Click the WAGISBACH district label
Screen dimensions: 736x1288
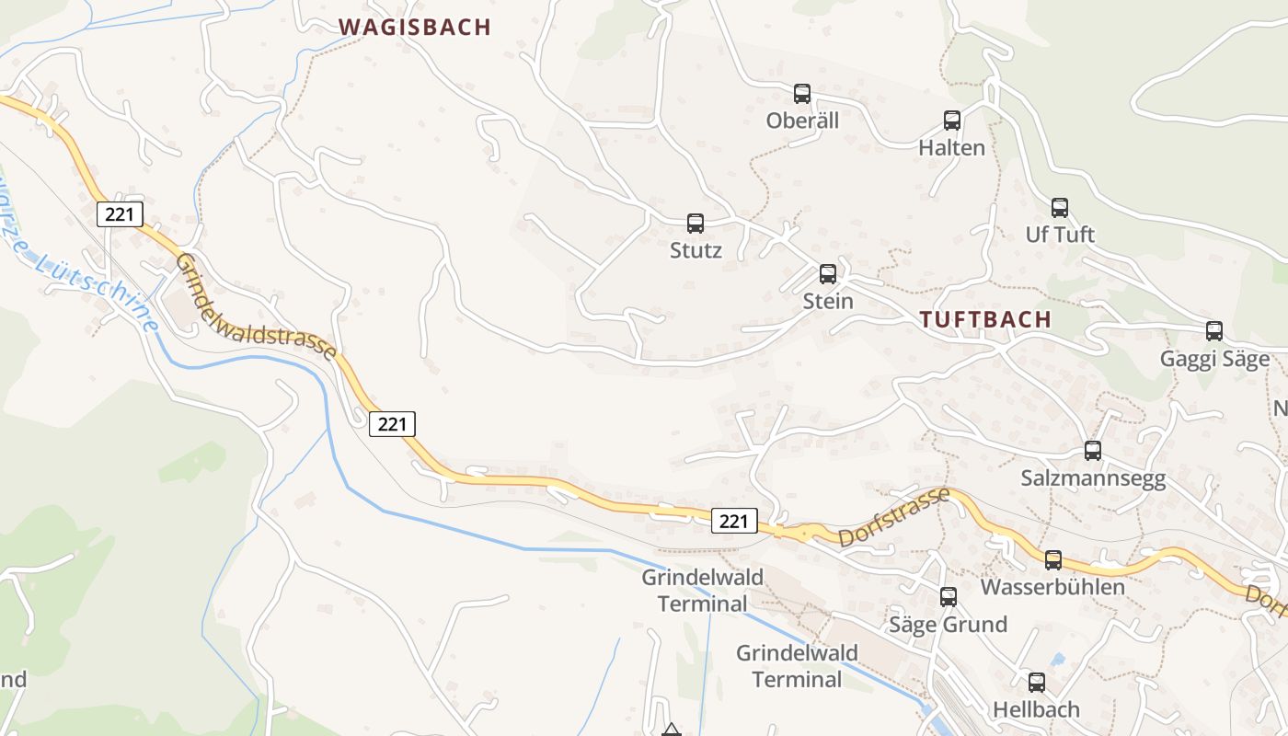coord(415,28)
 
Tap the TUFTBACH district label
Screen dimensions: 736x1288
coord(985,320)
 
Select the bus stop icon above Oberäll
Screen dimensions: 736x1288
coord(802,93)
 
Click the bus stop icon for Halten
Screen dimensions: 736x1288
coord(952,120)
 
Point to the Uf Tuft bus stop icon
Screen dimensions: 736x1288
coord(1060,207)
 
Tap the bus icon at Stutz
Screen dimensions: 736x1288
coord(696,223)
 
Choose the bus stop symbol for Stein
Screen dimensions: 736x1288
coord(828,273)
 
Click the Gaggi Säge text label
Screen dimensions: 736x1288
coord(1214,359)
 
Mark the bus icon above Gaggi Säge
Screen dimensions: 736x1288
coord(1214,331)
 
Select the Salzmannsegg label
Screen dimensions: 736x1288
coord(1093,478)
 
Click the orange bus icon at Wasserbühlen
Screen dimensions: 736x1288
coord(1053,559)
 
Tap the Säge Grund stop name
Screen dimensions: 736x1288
coord(948,625)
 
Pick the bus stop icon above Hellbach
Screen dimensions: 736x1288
coord(1037,682)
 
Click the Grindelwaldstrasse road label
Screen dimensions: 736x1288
coord(256,308)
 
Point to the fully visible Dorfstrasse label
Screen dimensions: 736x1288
coord(892,517)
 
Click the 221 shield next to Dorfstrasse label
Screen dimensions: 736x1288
coord(733,522)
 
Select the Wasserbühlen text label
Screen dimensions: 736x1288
coord(1052,587)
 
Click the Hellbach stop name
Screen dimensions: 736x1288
coord(1036,709)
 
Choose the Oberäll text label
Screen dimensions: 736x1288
coord(802,121)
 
